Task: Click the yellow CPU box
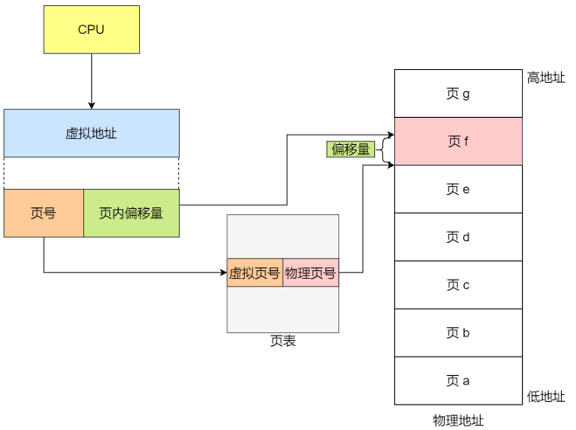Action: [x=92, y=30]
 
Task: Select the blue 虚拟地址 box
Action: [x=92, y=133]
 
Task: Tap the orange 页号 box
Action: [x=44, y=213]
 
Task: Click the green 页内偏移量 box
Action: [x=131, y=213]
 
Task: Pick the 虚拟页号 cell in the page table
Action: [x=255, y=273]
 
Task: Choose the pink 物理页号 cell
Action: [x=311, y=273]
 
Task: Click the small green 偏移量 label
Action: [x=350, y=149]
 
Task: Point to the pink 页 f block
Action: [x=458, y=142]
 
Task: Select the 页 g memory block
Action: [x=458, y=94]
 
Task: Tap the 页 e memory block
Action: [x=458, y=189]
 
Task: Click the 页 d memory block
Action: [x=458, y=237]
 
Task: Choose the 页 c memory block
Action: [x=458, y=285]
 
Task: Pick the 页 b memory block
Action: [x=458, y=333]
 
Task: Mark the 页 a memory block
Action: [x=458, y=380]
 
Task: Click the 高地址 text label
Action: [x=546, y=78]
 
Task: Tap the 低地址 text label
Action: [x=546, y=397]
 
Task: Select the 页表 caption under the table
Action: [x=283, y=341]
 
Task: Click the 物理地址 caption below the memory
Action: [x=458, y=420]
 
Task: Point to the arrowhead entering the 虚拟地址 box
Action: [x=92, y=106]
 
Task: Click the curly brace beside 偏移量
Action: [x=385, y=149]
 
